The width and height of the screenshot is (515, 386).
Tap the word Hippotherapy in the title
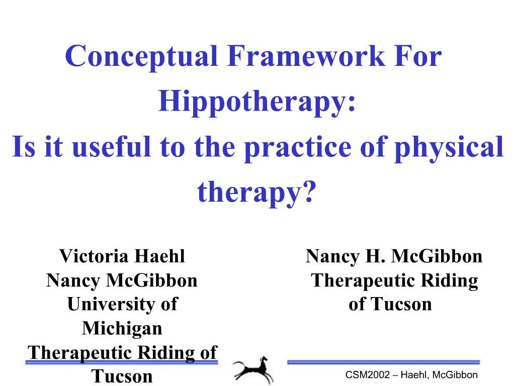click(256, 102)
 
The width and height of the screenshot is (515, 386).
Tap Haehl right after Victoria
click(161, 256)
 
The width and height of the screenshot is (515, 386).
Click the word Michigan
click(122, 328)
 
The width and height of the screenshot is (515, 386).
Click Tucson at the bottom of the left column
click(122, 376)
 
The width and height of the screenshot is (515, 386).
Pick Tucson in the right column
click(401, 304)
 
